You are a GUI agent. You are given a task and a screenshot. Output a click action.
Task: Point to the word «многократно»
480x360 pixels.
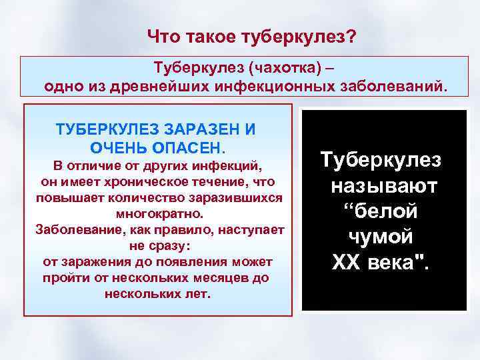point(158,215)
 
